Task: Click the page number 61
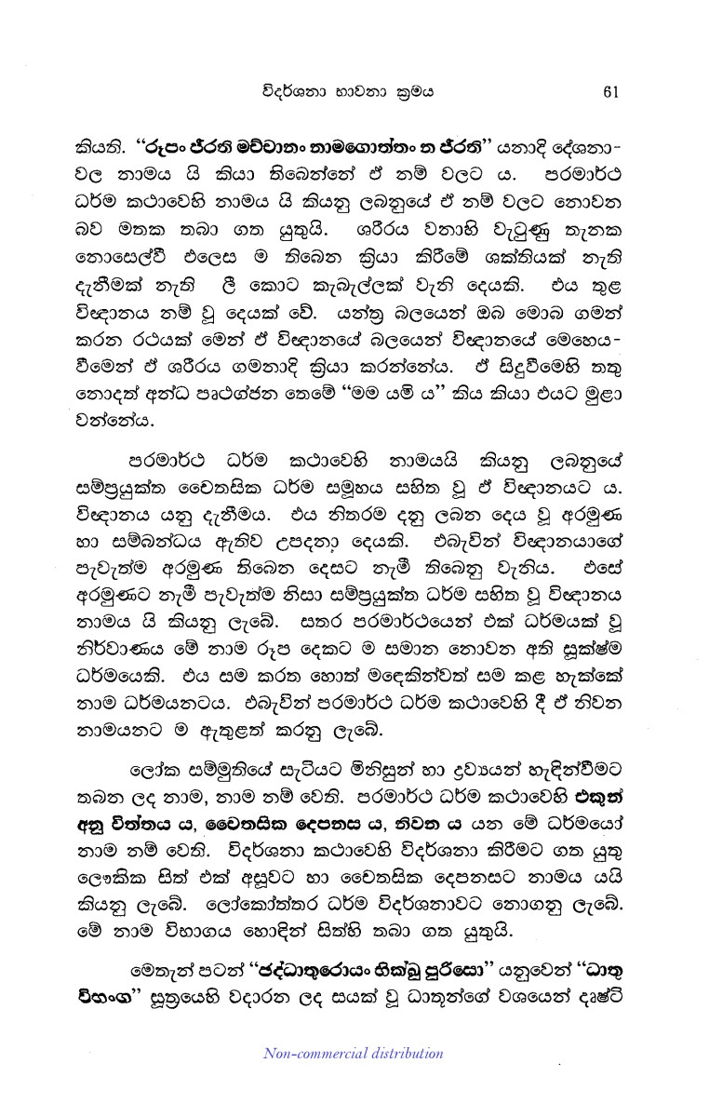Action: coord(611,90)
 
